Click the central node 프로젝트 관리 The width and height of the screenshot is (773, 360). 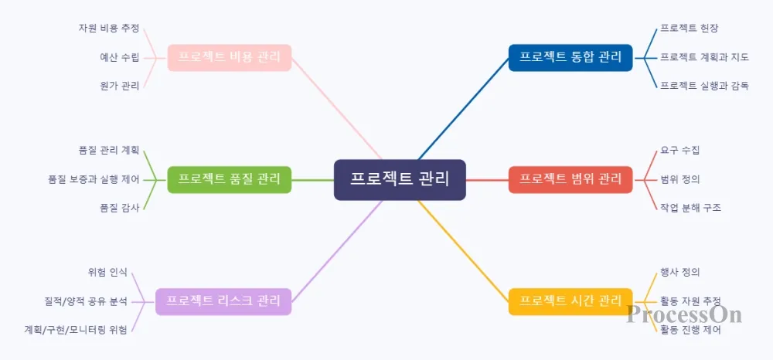coord(400,179)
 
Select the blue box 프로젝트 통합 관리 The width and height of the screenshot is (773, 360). coord(570,57)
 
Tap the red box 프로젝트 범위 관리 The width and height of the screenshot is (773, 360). coord(570,179)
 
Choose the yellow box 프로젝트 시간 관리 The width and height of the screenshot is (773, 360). coord(570,301)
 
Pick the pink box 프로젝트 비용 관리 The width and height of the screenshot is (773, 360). coord(230,57)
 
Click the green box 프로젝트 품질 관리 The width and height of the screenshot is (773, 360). coord(230,179)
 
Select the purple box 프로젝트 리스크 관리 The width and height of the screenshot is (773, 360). coord(223,301)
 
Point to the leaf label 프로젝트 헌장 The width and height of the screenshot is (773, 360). coord(690,29)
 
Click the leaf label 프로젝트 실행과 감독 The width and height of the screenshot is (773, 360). coord(704,86)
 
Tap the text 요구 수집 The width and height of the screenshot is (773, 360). coord(680,151)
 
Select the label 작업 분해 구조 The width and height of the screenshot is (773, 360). coord(690,208)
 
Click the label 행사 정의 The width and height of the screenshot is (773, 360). coord(680,272)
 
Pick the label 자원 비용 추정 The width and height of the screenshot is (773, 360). coord(108,29)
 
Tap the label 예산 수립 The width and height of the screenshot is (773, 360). coord(120,57)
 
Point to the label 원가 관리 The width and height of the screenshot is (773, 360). coord(120,86)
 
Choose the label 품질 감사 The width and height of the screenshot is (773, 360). coord(120,208)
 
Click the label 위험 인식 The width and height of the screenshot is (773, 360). coord(108,272)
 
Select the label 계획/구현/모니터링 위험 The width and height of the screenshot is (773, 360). coord(76,329)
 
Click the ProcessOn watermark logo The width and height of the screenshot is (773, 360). coord(684,314)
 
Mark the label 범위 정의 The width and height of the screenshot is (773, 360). coord(680,179)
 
